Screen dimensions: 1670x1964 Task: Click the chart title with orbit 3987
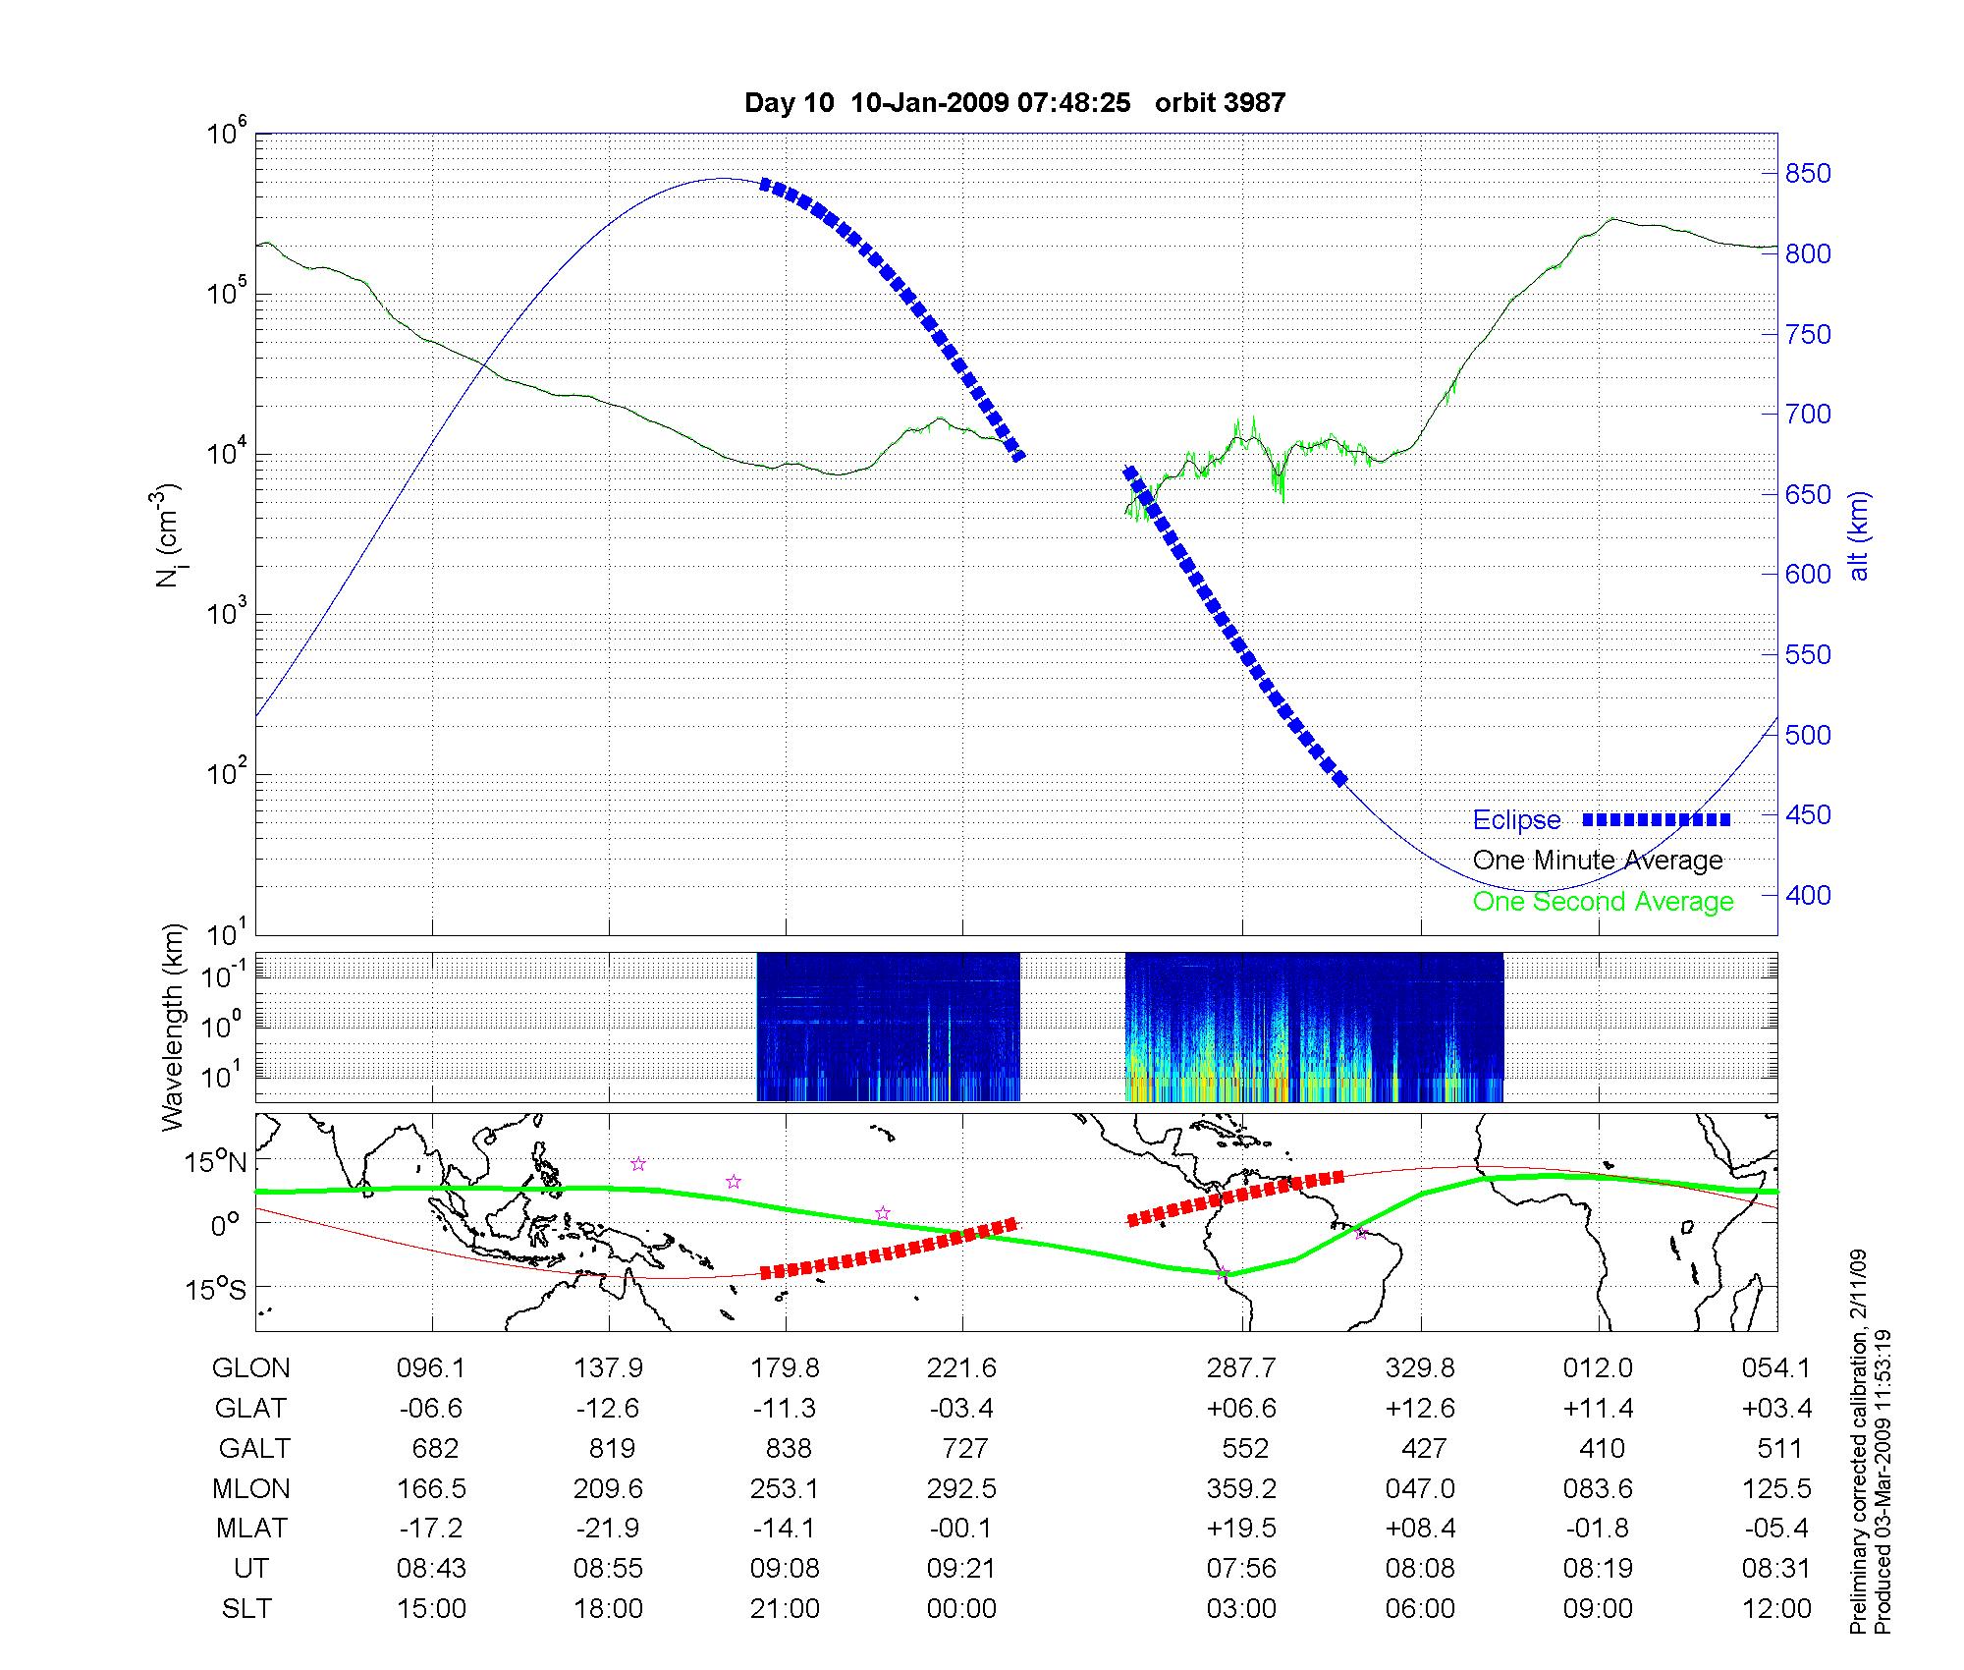click(1014, 103)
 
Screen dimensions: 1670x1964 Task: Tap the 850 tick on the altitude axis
click(1808, 174)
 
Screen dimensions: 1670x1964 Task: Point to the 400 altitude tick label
click(1808, 895)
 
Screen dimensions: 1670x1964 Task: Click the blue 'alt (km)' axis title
click(1859, 535)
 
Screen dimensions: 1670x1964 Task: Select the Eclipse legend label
click(1516, 820)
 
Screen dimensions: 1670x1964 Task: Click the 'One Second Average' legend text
click(1603, 902)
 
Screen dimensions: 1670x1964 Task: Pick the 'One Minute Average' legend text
click(1598, 861)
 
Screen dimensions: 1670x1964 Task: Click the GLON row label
click(251, 1368)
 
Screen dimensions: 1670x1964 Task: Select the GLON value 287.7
click(1241, 1368)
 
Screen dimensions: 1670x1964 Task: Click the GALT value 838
click(787, 1449)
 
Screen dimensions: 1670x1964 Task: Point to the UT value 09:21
click(961, 1569)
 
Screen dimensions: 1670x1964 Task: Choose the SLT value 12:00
click(1776, 1609)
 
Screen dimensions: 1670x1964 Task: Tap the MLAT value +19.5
click(1241, 1529)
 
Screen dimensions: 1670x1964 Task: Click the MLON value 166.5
click(431, 1489)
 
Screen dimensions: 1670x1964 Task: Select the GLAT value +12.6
click(1420, 1409)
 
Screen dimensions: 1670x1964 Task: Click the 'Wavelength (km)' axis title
click(174, 1028)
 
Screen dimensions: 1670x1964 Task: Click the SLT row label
click(247, 1609)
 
